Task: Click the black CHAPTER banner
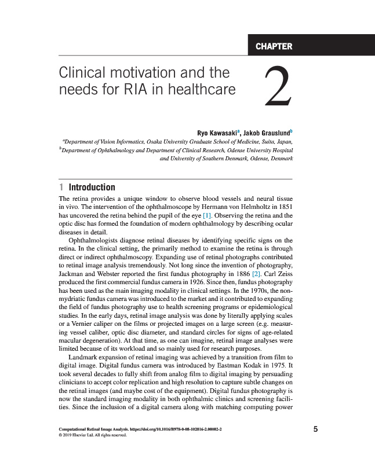point(311,46)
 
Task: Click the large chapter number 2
point(276,86)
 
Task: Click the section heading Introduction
point(92,188)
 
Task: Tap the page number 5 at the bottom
point(315,429)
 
